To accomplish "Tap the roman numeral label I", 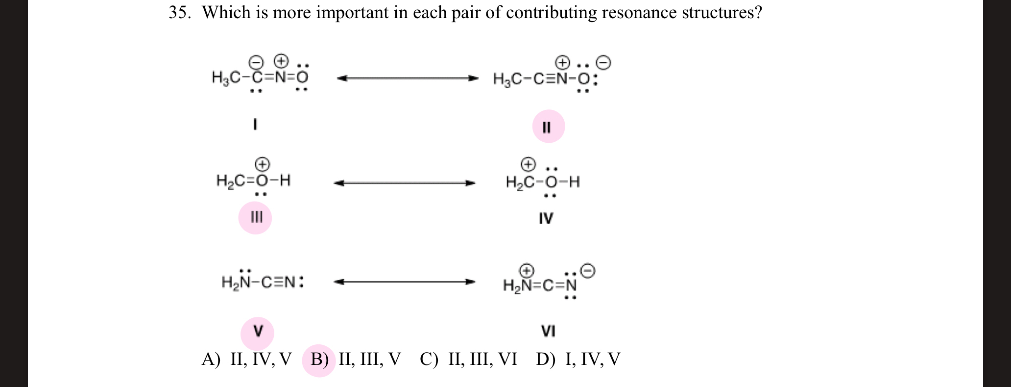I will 255,125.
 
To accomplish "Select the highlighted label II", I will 548,127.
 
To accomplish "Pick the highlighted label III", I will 256,217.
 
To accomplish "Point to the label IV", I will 546,218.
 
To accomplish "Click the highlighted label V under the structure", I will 258,332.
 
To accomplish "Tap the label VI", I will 548,332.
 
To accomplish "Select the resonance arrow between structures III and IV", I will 405,183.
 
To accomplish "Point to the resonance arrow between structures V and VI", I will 405,282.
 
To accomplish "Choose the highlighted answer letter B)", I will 319,360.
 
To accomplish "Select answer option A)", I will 211,360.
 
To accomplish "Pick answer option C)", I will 429,360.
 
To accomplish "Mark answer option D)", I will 545,360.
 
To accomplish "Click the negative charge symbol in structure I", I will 256,62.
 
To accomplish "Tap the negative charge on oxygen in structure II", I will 603,63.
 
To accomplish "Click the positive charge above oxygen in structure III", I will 263,163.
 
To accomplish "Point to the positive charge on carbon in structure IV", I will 528,163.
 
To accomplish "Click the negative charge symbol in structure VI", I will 587,270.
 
